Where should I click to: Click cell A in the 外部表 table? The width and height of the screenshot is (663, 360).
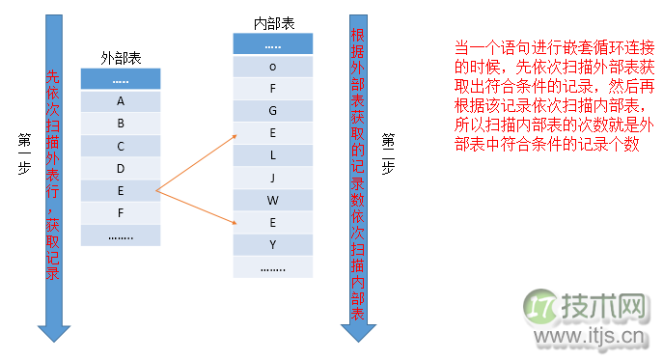click(x=120, y=100)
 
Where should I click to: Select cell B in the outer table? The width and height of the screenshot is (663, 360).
click(x=120, y=123)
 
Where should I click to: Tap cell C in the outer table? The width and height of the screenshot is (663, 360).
click(x=120, y=146)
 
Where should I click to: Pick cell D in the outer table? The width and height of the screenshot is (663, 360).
click(x=120, y=168)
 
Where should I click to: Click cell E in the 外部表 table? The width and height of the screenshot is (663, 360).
click(x=120, y=190)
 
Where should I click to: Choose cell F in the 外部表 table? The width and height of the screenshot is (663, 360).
click(x=120, y=212)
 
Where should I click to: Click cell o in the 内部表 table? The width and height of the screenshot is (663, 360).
click(x=273, y=67)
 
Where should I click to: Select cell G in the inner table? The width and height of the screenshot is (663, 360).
click(x=273, y=111)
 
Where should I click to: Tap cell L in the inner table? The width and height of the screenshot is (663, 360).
click(x=273, y=154)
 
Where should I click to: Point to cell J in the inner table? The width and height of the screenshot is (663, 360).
click(x=273, y=177)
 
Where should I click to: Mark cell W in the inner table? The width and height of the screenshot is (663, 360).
click(x=273, y=200)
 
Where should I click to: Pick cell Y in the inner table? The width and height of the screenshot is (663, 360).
click(x=273, y=244)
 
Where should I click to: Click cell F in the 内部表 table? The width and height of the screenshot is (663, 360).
click(x=273, y=89)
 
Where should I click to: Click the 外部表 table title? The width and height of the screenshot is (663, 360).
click(x=120, y=58)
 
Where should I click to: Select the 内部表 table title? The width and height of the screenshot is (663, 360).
click(x=273, y=22)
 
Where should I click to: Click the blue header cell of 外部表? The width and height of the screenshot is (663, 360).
click(x=120, y=78)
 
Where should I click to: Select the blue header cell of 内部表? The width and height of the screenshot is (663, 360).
click(x=273, y=44)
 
